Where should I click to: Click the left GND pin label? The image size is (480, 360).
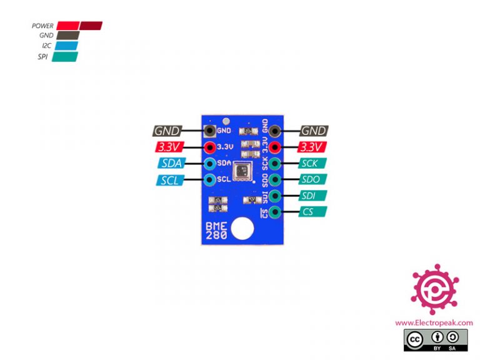coord(167,131)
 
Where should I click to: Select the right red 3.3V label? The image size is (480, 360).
coord(312,147)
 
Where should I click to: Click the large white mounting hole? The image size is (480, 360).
coord(241,229)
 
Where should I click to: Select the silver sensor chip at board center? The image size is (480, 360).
coord(241,168)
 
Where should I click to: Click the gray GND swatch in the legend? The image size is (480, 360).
coord(67,36)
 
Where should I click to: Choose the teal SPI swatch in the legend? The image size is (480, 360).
coord(65,56)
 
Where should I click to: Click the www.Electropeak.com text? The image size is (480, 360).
coord(434,322)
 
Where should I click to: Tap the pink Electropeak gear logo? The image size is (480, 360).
coord(434,291)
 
